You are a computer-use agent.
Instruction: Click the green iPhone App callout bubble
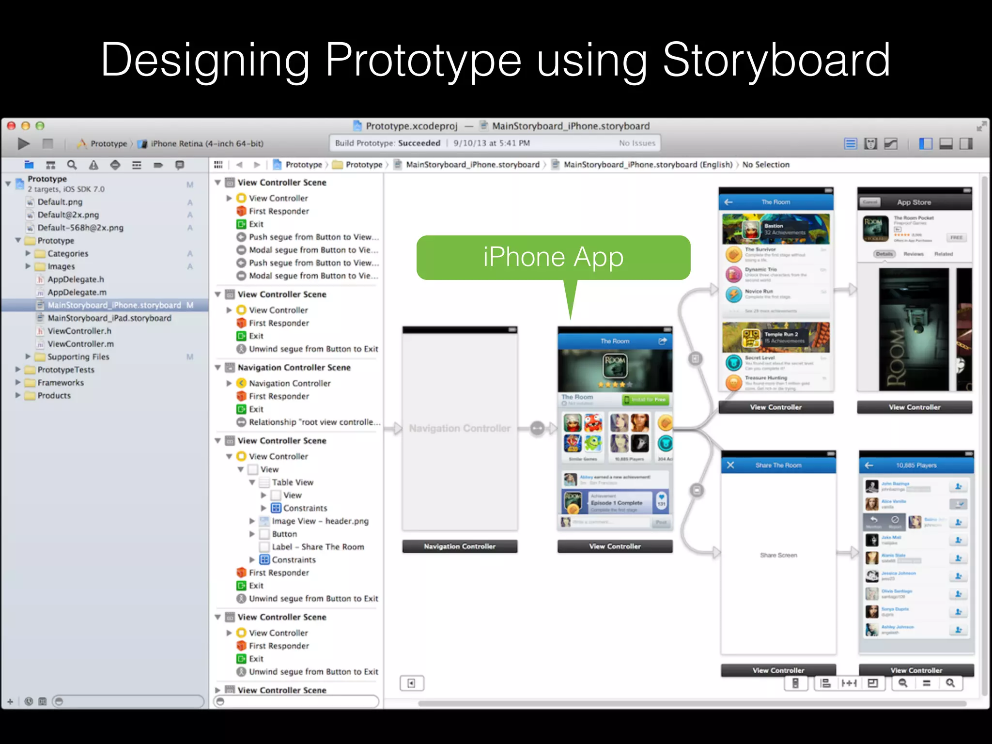tap(553, 257)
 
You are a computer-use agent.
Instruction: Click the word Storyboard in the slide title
tap(776, 60)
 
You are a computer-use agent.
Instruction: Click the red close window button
tap(11, 126)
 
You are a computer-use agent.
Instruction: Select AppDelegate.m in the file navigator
tap(77, 292)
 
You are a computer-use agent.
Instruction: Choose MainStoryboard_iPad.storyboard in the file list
tap(109, 318)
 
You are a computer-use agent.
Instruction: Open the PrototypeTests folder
tap(66, 370)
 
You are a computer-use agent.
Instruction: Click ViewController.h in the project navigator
tap(79, 331)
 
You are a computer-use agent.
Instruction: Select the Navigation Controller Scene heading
tap(294, 368)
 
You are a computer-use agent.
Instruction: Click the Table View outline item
tap(293, 482)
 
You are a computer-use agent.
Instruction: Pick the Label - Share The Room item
tap(318, 547)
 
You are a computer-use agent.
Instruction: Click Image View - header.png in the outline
tap(320, 521)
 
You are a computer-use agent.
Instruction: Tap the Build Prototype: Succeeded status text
tap(387, 143)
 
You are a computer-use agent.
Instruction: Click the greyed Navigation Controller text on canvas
tap(460, 429)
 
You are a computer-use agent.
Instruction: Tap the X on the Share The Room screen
tap(730, 465)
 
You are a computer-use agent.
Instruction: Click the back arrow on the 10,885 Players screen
tap(869, 465)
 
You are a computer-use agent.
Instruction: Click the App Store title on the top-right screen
tap(914, 202)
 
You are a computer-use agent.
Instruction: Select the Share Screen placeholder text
tap(778, 555)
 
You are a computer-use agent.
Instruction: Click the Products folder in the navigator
tap(54, 396)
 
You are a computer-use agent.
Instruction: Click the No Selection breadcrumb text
tap(766, 165)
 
